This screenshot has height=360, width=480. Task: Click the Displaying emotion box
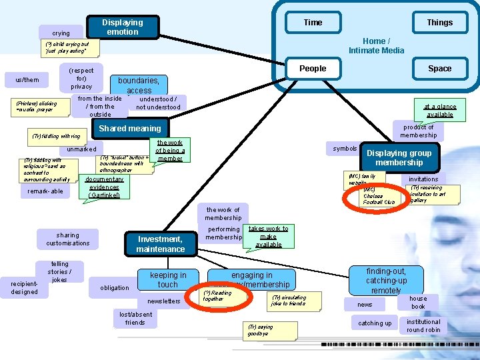pos(123,27)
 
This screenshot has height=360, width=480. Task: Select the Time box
pos(313,23)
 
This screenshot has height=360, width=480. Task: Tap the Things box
pos(439,23)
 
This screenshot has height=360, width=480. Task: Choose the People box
pos(313,68)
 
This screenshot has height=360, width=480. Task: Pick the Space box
pos(439,68)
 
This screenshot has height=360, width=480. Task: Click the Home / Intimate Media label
pos(376,45)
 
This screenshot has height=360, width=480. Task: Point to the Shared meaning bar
pos(130,129)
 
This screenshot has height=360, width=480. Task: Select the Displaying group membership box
pos(399,157)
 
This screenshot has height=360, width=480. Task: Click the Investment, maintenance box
pos(160,244)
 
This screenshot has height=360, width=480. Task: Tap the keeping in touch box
pos(168,280)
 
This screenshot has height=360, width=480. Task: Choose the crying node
pos(61,33)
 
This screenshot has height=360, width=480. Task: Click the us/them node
pos(27,80)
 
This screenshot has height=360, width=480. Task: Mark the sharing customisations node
pos(68,239)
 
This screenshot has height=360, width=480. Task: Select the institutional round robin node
pos(423,325)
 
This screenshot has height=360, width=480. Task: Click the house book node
pos(418,303)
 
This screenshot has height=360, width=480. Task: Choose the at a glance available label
pos(439,110)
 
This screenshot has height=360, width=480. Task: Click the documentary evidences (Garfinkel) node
pos(104,187)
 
